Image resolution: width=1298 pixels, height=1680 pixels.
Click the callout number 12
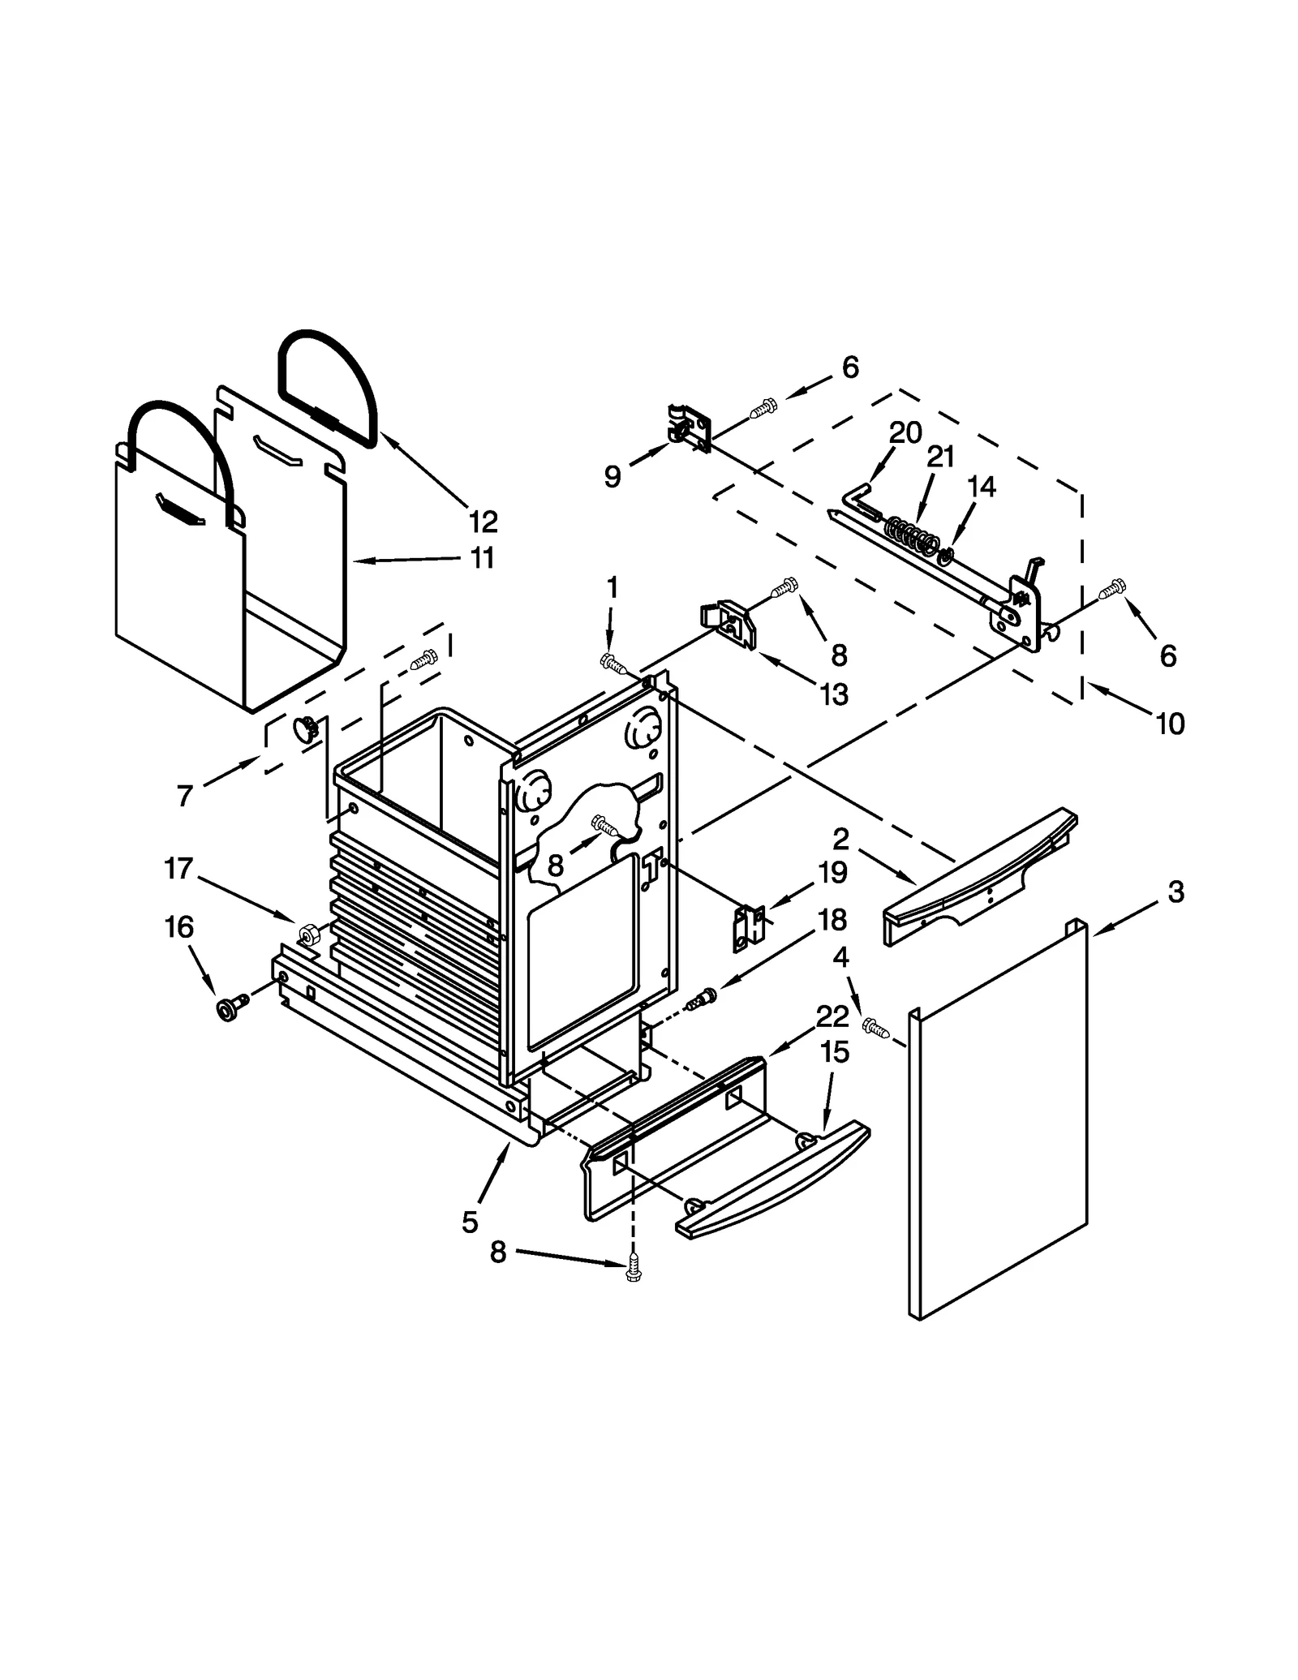click(483, 521)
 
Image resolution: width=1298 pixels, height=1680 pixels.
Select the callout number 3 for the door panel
click(1176, 892)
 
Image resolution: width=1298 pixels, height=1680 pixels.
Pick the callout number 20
click(905, 433)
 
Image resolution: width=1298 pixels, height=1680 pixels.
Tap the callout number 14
click(981, 487)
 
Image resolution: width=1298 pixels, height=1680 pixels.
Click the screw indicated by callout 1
click(613, 664)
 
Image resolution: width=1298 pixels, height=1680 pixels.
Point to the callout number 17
click(178, 869)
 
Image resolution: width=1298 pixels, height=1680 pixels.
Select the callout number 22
click(832, 1016)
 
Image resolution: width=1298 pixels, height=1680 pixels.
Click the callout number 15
click(834, 1053)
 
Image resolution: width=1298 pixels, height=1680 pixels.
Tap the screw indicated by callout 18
click(700, 999)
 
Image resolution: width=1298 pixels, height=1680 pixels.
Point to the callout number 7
click(184, 797)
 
